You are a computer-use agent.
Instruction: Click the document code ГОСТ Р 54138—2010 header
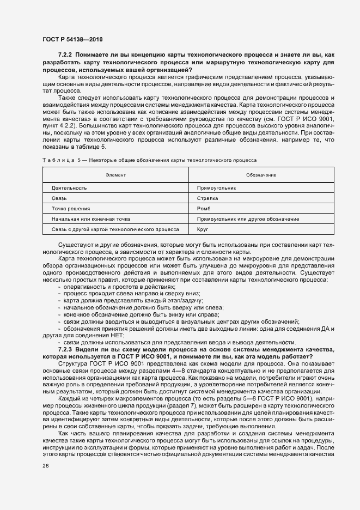72,40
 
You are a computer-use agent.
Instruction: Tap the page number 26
45,466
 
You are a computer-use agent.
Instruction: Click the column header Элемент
115,175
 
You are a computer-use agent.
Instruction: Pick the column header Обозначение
261,175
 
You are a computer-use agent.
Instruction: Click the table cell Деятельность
69,188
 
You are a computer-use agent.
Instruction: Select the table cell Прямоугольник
216,188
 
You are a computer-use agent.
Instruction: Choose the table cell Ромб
204,209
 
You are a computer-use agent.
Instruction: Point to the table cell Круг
203,229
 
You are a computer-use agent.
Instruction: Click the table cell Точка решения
71,209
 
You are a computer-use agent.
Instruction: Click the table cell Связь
59,198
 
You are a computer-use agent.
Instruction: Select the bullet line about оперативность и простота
119,287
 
